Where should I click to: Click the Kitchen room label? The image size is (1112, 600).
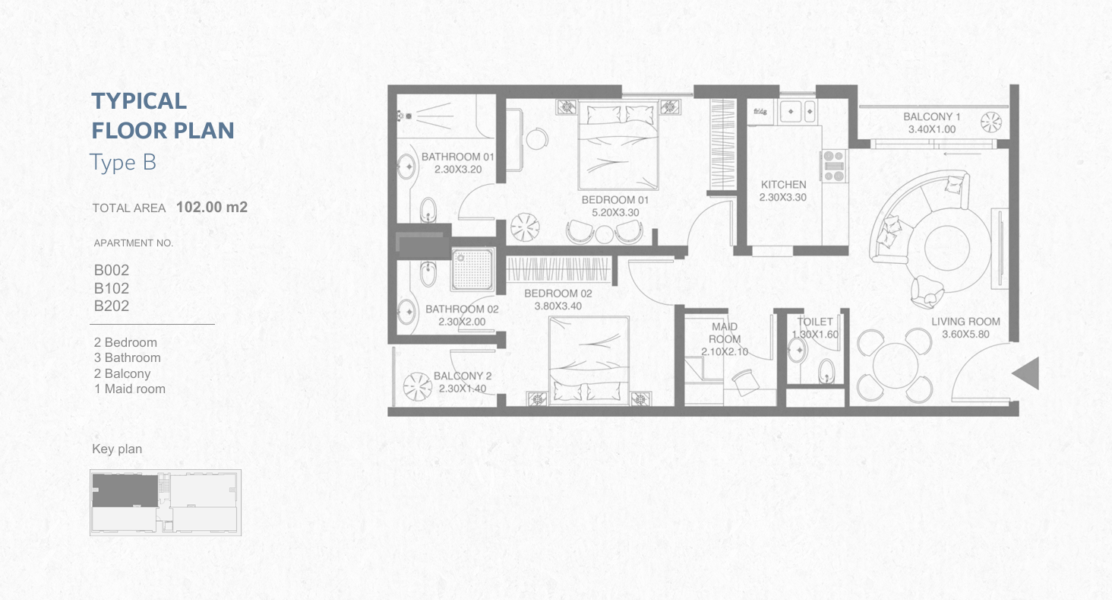783,185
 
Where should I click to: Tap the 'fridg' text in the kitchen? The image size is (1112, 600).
760,111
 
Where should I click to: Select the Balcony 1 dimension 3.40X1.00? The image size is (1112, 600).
932,129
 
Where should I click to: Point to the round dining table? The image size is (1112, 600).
895,366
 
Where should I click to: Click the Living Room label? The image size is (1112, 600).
965,322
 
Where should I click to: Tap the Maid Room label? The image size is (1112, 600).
725,332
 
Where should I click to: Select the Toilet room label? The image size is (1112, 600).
815,322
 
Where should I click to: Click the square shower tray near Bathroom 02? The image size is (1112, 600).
472,270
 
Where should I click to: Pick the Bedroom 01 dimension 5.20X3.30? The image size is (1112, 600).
615,213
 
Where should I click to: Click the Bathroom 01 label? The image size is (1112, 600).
458,157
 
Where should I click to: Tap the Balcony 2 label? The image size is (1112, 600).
462,376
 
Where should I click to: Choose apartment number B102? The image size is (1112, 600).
111,288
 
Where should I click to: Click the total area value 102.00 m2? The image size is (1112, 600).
212,207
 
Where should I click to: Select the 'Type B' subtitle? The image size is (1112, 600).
122,163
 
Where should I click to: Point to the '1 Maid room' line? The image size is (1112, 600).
130,389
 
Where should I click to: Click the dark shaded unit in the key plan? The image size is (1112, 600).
125,490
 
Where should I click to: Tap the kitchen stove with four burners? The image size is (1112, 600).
833,166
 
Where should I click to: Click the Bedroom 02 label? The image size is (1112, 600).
558,294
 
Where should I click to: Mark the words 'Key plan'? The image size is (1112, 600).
117,449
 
